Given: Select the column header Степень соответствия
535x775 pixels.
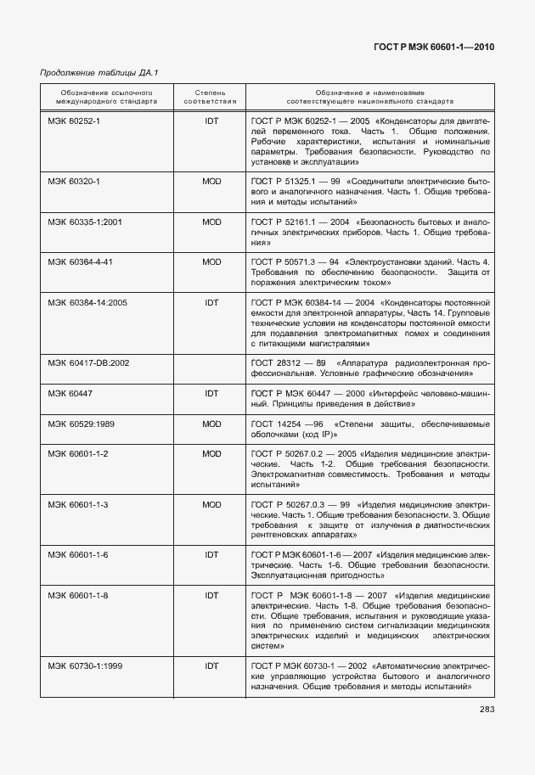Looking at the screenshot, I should (210, 95).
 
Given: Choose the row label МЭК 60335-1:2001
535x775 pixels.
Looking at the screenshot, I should (85, 222).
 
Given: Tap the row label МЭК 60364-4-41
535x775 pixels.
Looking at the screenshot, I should (80, 261).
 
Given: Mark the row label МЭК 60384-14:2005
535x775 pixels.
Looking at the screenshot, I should (87, 301).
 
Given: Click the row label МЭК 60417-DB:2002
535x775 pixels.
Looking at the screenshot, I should (88, 362).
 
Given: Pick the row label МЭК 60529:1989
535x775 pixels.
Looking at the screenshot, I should (81, 423).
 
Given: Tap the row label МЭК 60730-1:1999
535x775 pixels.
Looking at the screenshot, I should (85, 666).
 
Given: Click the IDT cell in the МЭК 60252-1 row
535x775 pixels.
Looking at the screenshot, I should (211, 121).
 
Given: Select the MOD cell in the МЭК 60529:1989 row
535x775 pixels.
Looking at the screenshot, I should (211, 423).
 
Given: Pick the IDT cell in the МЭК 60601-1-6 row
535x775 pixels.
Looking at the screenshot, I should (211, 555).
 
